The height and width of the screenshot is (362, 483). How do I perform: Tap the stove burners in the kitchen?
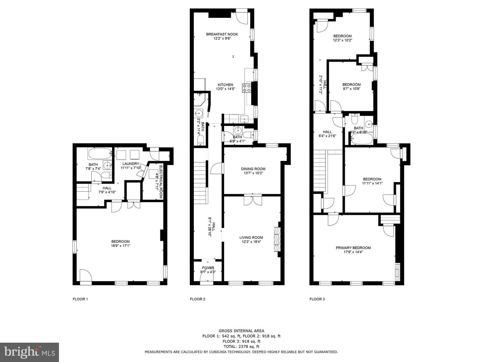point(247,87)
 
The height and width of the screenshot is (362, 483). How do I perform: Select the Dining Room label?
point(253,169)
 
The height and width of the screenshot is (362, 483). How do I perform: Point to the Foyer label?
point(208,268)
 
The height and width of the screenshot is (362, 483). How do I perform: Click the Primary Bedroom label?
point(353,248)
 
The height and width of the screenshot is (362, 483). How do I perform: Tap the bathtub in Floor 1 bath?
point(100,155)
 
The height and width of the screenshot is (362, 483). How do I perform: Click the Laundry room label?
point(130,164)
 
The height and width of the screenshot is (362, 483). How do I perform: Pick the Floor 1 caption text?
point(80,299)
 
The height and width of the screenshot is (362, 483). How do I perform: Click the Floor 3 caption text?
point(317,299)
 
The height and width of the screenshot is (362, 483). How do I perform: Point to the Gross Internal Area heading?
point(241,331)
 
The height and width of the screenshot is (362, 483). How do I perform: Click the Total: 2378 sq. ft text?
point(241,347)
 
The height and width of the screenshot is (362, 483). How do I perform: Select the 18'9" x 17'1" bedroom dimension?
point(120,246)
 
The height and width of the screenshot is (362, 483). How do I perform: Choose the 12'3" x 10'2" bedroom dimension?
point(342,40)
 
